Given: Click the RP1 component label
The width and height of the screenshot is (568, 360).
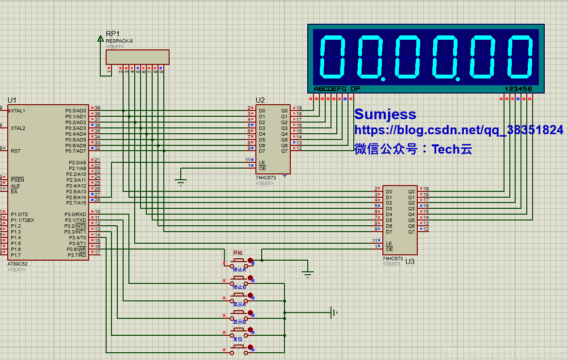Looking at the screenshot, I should point(112,33).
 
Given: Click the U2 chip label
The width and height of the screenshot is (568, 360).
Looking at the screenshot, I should point(260,100).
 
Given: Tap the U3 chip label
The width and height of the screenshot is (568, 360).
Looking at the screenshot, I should point(410,261).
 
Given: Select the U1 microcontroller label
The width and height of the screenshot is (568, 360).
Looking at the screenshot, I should point(12,100).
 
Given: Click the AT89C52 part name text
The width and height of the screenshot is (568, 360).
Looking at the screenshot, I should point(17,264).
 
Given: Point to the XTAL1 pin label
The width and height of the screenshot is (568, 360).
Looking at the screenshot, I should point(18,110).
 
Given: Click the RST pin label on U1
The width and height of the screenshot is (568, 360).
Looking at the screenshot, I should point(16,151).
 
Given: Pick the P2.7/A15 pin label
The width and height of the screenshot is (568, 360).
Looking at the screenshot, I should point(76,203).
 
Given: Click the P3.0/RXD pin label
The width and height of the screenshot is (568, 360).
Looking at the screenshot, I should point(76,214).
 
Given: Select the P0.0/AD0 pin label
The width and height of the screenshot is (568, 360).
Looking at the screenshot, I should point(76,110).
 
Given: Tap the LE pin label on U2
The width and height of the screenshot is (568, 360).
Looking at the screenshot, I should point(262,162).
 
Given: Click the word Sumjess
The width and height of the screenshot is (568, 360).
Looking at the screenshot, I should point(385,114).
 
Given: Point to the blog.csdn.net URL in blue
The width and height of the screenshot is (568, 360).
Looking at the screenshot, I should point(458,130).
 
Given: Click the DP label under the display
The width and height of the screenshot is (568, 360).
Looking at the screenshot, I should point(355,89).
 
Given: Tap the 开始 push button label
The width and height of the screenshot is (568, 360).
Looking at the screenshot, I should point(237,252).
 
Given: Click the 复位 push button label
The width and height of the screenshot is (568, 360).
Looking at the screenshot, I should point(237,339).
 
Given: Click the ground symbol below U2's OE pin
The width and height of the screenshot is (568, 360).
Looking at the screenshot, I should point(181,182).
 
